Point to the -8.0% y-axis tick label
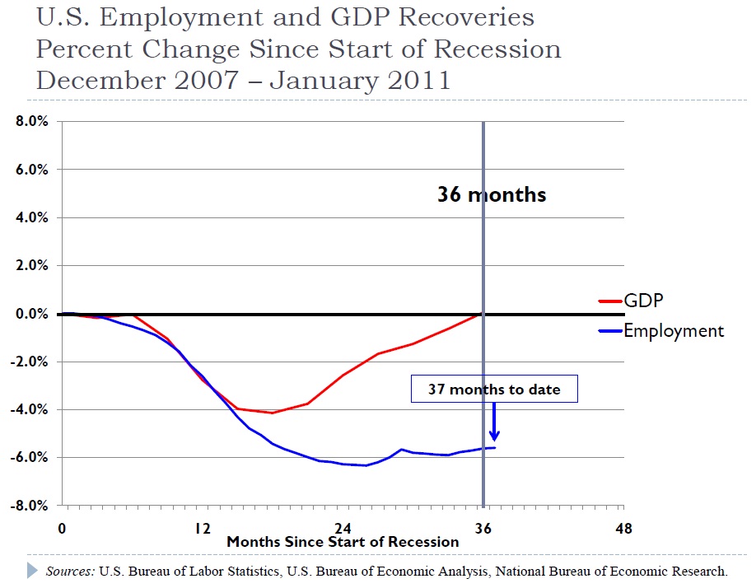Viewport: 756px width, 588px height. point(30,505)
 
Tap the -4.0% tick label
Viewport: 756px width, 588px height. point(30,409)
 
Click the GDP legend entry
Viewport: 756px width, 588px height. point(643,301)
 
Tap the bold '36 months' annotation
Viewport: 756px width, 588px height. point(492,195)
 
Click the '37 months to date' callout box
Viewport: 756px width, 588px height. point(494,390)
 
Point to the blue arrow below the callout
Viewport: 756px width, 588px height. point(494,423)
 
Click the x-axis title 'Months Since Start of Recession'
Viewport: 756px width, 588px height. point(343,542)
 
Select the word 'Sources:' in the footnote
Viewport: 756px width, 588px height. point(70,571)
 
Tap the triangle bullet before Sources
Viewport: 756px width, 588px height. point(33,570)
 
